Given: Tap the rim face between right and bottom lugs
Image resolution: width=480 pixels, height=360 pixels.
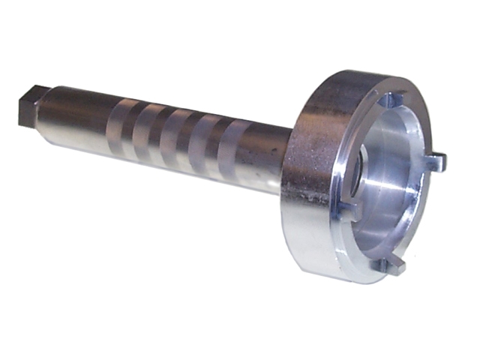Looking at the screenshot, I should tap(427, 217).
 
